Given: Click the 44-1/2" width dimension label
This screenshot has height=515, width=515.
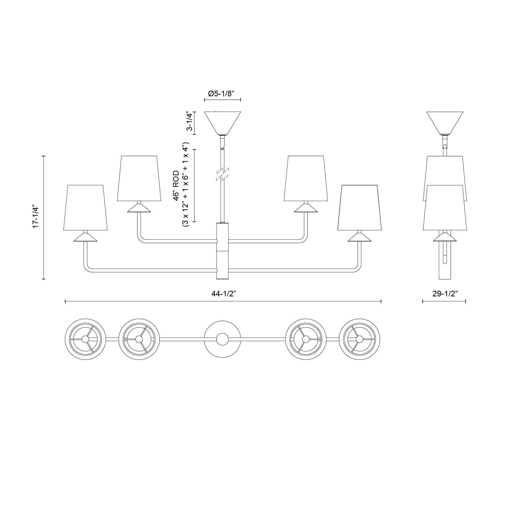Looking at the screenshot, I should pyautogui.click(x=224, y=294).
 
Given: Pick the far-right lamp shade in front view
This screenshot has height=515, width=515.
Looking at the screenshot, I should pyautogui.click(x=359, y=207).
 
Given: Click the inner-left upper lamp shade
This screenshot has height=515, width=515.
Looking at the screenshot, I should pyautogui.click(x=139, y=178).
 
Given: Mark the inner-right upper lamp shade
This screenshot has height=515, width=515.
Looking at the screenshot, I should pyautogui.click(x=306, y=178).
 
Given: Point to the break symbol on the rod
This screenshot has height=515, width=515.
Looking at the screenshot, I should pyautogui.click(x=222, y=175).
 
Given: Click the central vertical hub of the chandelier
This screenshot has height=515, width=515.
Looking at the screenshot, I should pyautogui.click(x=222, y=251).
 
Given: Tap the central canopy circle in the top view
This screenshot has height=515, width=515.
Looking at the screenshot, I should pyautogui.click(x=222, y=339).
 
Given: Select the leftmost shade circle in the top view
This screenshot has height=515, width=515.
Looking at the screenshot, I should pyautogui.click(x=85, y=339).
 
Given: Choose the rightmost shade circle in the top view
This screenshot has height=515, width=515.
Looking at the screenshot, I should pyautogui.click(x=359, y=339).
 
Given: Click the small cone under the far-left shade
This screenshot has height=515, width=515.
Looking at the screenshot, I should pyautogui.click(x=85, y=237).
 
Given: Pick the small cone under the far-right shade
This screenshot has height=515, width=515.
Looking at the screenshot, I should pyautogui.click(x=359, y=237).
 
